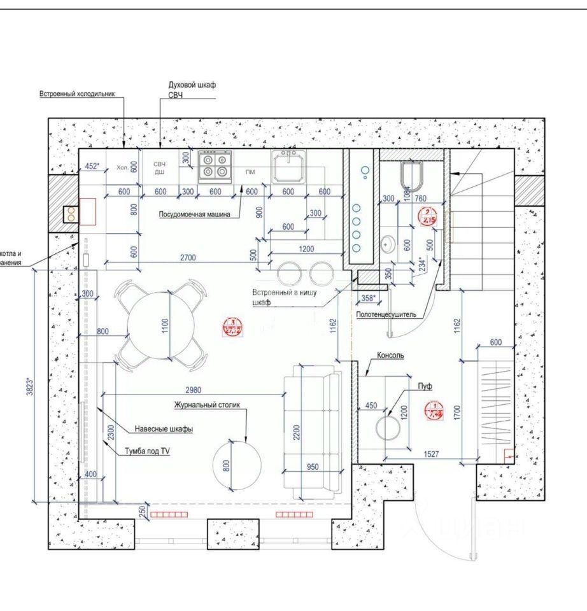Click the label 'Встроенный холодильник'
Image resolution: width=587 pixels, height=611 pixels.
(x=76, y=94)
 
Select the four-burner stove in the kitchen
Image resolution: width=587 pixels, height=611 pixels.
(x=215, y=166)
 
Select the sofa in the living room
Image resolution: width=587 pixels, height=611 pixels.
(x=313, y=432)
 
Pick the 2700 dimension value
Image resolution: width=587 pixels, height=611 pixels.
(x=187, y=257)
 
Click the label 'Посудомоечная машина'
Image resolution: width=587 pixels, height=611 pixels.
(x=194, y=214)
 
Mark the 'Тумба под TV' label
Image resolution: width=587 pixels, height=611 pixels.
(x=148, y=451)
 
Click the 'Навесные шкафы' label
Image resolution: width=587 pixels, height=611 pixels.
(x=164, y=428)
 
